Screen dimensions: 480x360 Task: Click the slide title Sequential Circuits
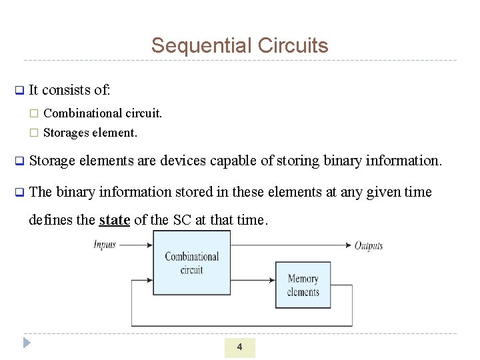(239, 45)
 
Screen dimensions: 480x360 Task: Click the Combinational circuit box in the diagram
(191, 263)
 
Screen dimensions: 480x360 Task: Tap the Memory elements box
(303, 285)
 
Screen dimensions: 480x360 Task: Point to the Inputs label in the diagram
(105, 245)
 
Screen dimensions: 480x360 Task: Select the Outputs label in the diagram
(369, 245)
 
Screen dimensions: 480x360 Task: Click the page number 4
(239, 347)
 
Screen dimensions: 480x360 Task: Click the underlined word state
(114, 220)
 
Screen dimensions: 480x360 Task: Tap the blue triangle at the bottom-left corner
(26, 343)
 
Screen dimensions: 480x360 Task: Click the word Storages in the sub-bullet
(65, 133)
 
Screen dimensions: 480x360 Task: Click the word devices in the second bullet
(181, 161)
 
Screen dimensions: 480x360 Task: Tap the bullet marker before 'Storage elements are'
(19, 161)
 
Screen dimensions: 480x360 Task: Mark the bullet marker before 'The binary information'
(19, 193)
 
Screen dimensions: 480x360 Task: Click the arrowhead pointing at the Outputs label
(348, 245)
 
